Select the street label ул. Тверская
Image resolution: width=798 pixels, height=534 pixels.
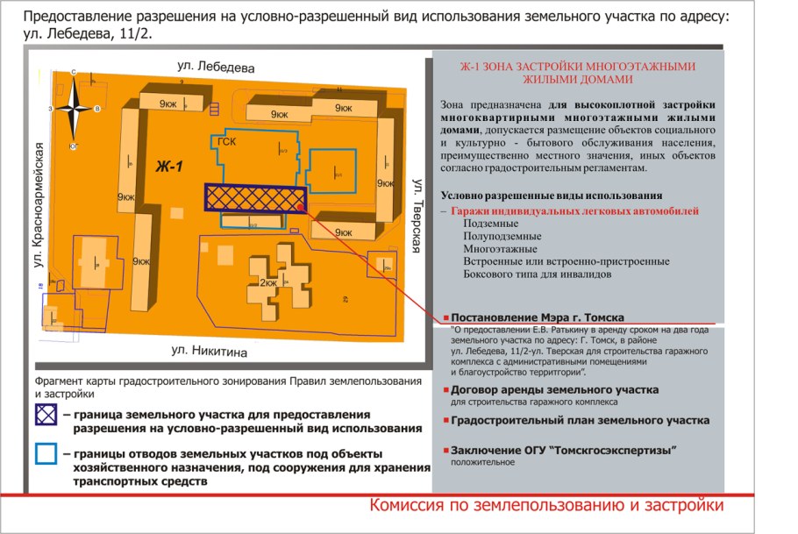[418, 215]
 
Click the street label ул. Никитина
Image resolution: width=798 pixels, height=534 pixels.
[210, 352]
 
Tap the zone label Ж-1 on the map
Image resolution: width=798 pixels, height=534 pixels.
[168, 167]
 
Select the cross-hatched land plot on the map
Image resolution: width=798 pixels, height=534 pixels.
[254, 198]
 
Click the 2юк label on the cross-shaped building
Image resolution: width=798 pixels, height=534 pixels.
[268, 282]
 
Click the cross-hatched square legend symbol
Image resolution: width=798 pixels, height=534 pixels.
[46, 414]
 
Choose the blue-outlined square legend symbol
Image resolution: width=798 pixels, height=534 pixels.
[46, 455]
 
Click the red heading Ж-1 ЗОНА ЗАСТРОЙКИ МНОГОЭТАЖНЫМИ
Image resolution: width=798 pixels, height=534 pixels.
[578, 66]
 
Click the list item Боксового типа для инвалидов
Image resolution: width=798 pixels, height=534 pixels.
[535, 274]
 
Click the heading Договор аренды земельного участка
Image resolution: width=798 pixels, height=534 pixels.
[553, 389]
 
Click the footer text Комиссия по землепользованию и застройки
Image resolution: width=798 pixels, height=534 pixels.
[546, 506]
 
